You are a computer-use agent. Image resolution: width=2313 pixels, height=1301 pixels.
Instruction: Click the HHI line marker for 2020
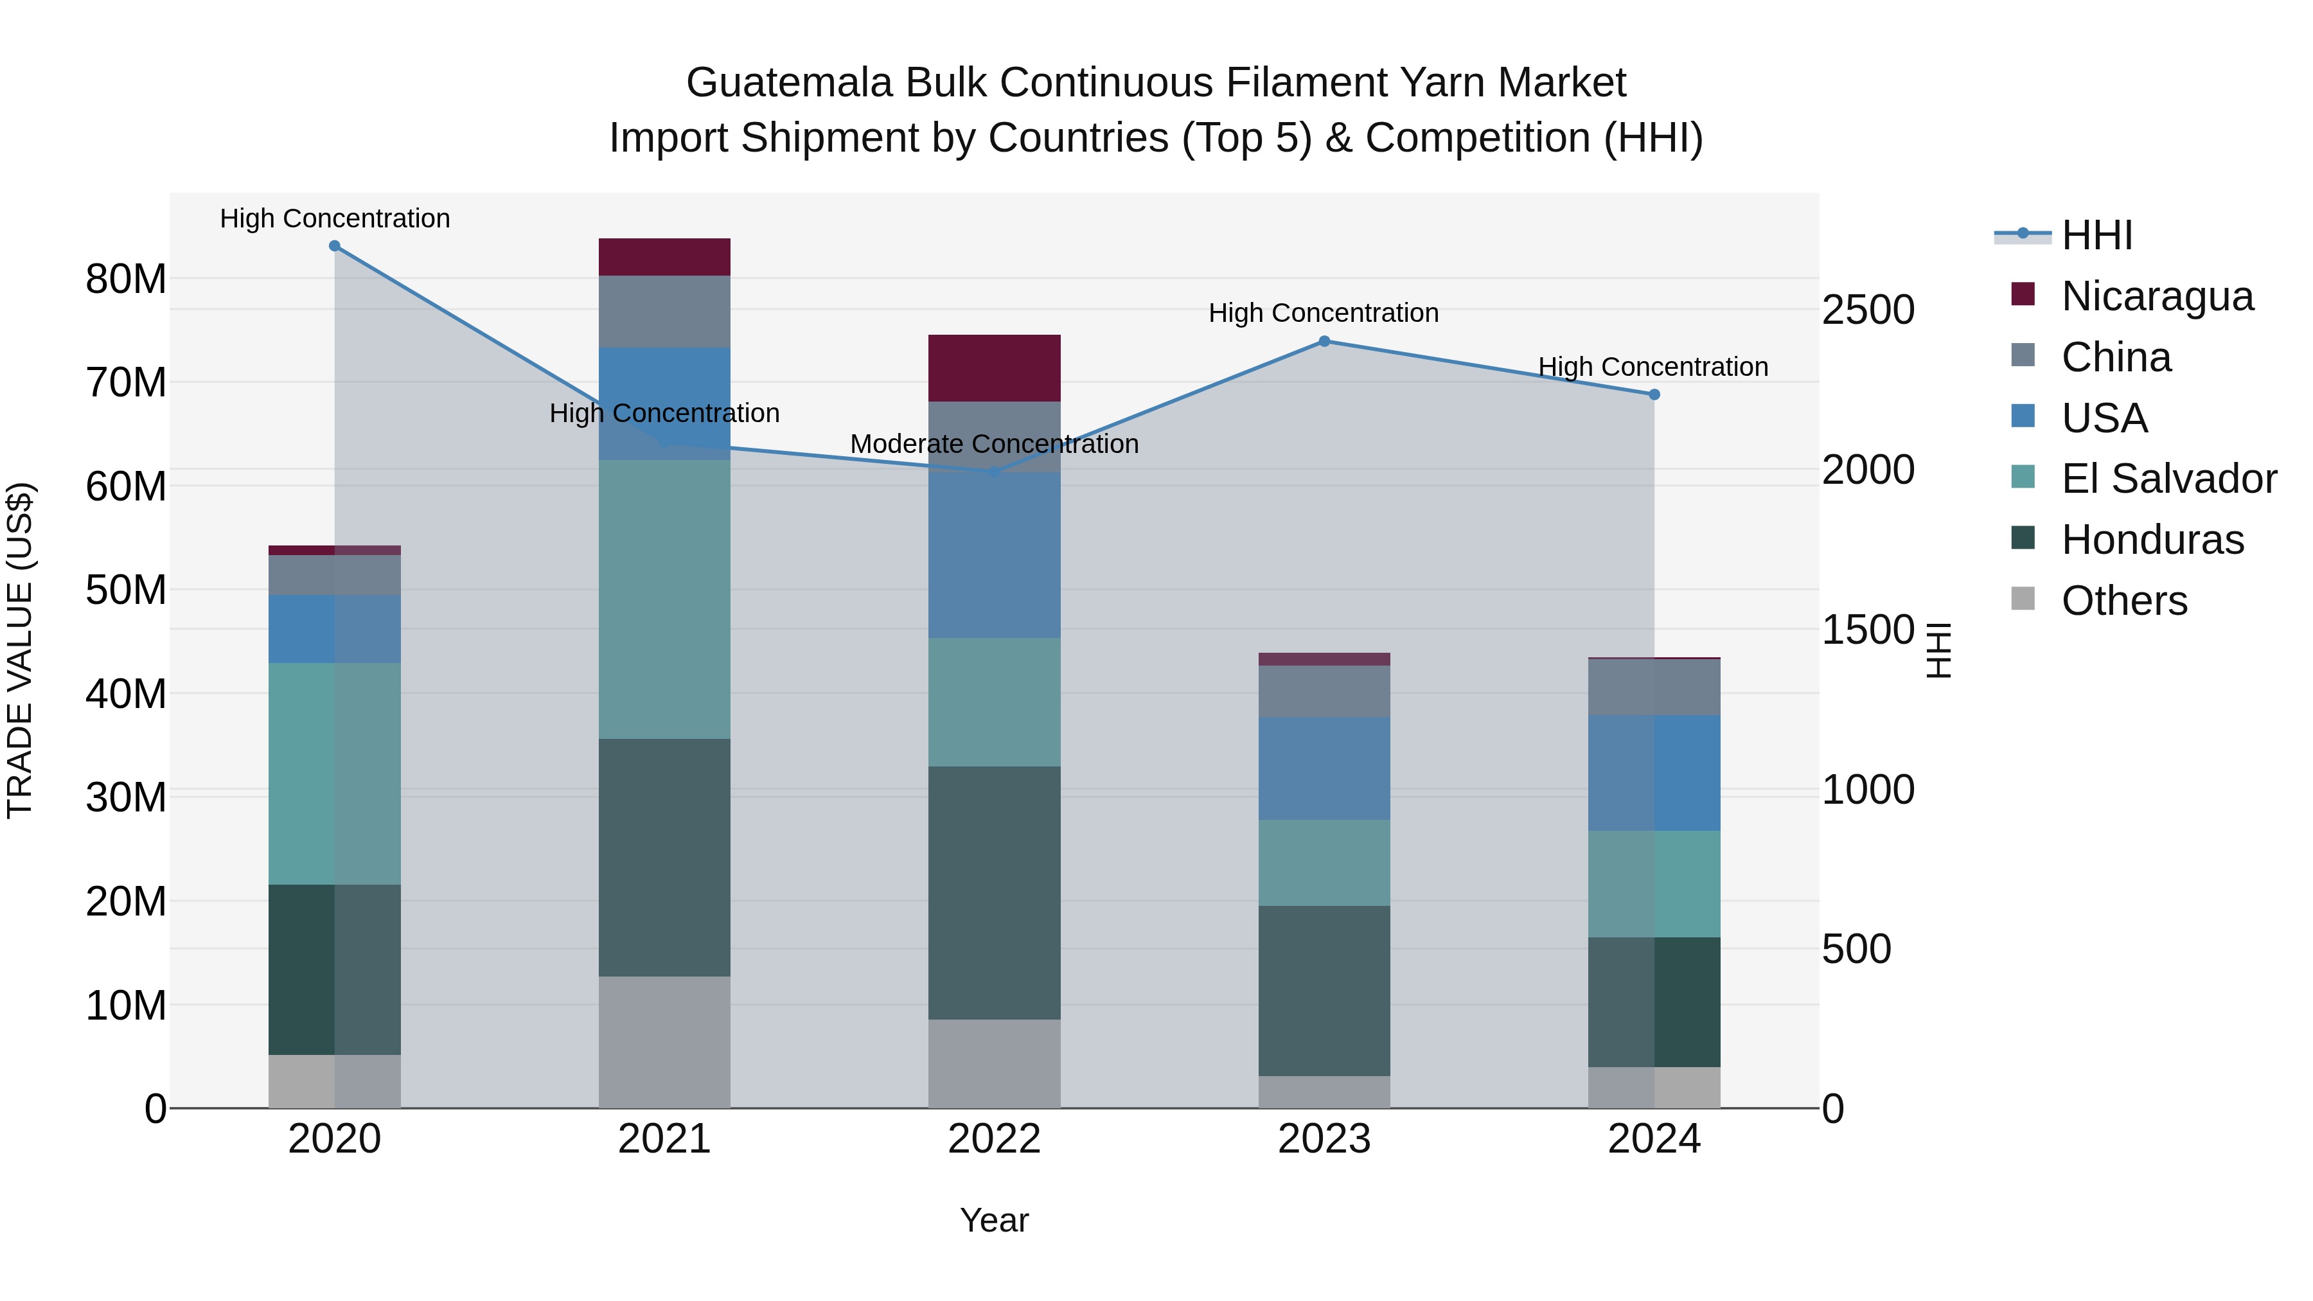[334, 246]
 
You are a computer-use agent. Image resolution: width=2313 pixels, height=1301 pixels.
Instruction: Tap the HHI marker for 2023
[1324, 341]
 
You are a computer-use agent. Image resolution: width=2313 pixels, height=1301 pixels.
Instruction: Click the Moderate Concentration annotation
[994, 445]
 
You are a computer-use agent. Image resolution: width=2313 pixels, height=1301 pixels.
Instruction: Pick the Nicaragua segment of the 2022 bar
[994, 368]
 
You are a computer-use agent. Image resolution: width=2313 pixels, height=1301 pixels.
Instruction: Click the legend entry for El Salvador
[2168, 479]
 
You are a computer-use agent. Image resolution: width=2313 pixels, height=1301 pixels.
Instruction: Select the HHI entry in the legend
[2096, 235]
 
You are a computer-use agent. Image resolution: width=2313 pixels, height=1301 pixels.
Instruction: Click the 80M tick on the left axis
[126, 279]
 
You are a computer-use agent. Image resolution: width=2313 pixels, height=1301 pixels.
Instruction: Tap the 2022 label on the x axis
[994, 1139]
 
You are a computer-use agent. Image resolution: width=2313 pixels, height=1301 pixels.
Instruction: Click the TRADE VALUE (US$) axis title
[20, 650]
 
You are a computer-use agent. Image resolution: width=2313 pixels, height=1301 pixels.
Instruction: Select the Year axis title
[994, 1220]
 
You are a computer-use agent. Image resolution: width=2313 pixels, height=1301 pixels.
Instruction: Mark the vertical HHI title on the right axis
[1940, 650]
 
